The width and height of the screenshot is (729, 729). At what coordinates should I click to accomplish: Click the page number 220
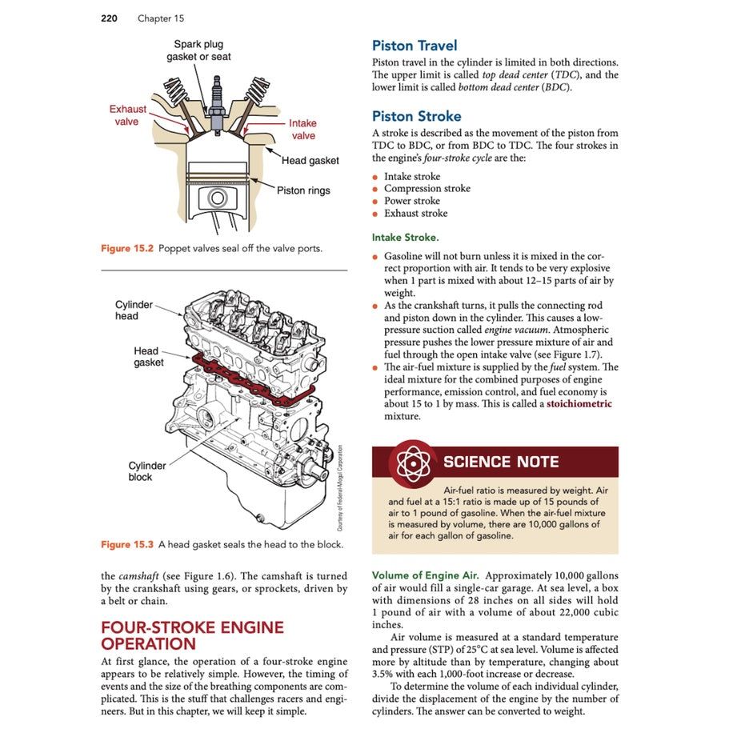pyautogui.click(x=109, y=18)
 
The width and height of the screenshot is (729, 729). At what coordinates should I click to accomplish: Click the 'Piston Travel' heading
pyautogui.click(x=415, y=46)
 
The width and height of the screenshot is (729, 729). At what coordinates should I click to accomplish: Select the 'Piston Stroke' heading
pyautogui.click(x=416, y=116)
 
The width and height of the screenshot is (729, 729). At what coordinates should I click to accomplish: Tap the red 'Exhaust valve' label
pyautogui.click(x=128, y=115)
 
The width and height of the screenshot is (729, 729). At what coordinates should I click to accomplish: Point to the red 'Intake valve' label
pyautogui.click(x=302, y=130)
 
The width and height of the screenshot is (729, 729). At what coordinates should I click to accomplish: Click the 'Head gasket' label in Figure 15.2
pyautogui.click(x=310, y=161)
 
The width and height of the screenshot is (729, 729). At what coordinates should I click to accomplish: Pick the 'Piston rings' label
pyautogui.click(x=303, y=190)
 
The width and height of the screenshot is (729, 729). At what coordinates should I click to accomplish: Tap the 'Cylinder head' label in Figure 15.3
pyautogui.click(x=133, y=310)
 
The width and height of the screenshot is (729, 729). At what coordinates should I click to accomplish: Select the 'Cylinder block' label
pyautogui.click(x=147, y=471)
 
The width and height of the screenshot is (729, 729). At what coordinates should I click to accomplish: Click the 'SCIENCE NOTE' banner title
pyautogui.click(x=501, y=462)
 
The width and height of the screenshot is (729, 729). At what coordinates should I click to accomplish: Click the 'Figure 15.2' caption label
pyautogui.click(x=126, y=249)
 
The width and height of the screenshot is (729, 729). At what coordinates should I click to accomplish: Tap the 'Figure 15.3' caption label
pyautogui.click(x=126, y=545)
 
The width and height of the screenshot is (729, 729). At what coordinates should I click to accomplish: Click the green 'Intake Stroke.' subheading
pyautogui.click(x=405, y=238)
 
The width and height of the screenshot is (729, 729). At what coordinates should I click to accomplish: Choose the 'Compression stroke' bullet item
pyautogui.click(x=427, y=189)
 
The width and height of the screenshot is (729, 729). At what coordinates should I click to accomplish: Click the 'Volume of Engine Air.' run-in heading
pyautogui.click(x=425, y=575)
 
